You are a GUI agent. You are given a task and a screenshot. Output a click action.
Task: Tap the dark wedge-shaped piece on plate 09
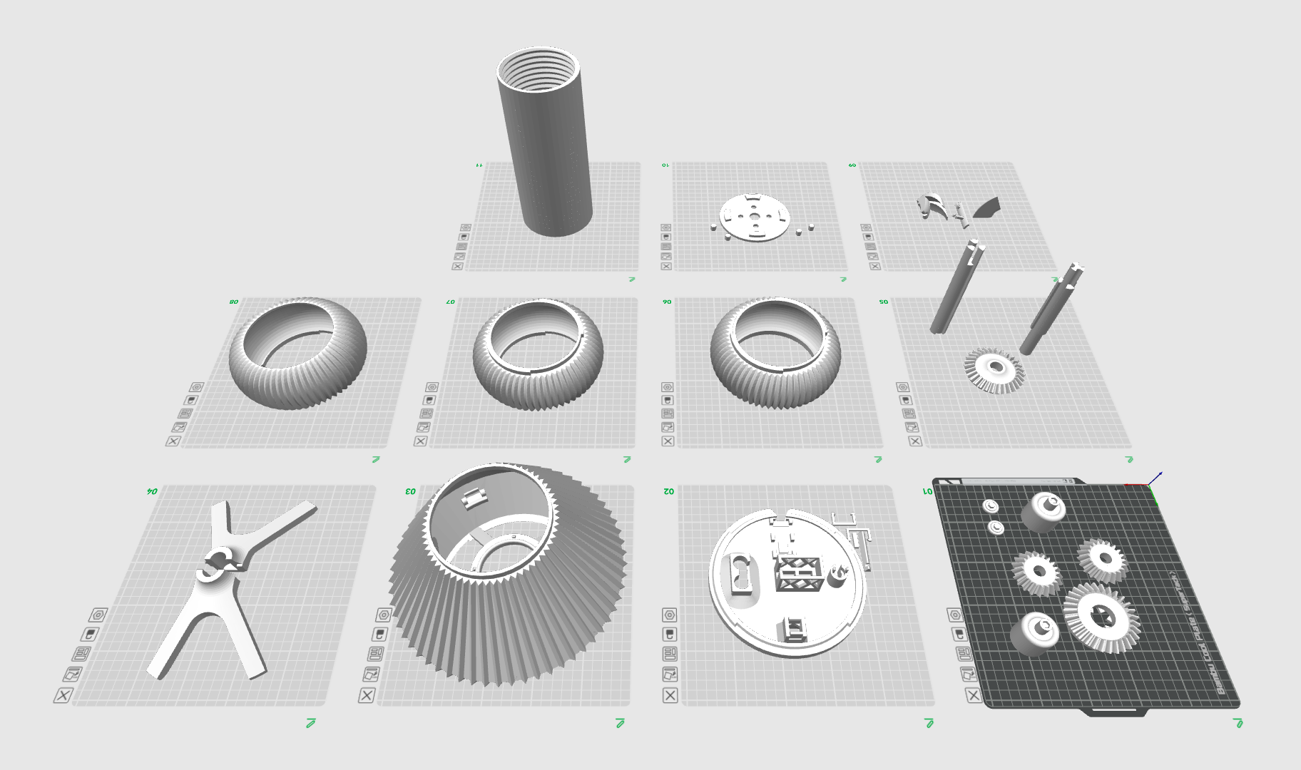(986, 207)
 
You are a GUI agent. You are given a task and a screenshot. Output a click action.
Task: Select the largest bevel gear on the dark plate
(1101, 617)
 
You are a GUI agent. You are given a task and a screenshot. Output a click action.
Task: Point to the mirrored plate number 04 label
(152, 491)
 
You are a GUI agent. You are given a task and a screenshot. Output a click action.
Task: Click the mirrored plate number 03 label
(410, 491)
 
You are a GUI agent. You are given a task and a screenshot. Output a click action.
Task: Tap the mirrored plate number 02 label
(668, 491)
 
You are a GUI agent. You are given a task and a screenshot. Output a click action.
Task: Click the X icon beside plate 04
(63, 695)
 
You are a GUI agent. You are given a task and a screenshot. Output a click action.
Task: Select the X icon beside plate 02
(670, 695)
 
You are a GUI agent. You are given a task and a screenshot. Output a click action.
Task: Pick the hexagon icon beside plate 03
(384, 615)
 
